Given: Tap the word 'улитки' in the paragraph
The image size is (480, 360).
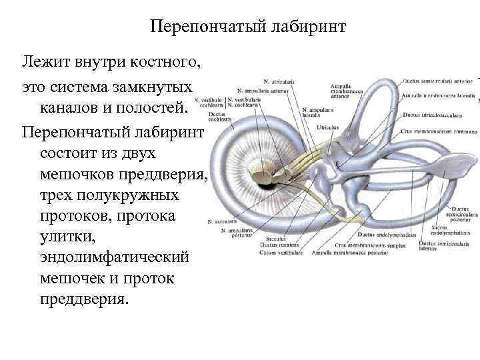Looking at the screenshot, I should pyautogui.click(x=64, y=237).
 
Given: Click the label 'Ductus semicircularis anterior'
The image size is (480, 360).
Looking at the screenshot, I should pyautogui.click(x=437, y=81).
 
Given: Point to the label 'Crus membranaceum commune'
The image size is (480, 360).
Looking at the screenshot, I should pyautogui.click(x=437, y=131).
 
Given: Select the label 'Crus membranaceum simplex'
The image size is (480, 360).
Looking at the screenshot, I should pyautogui.click(x=363, y=245).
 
